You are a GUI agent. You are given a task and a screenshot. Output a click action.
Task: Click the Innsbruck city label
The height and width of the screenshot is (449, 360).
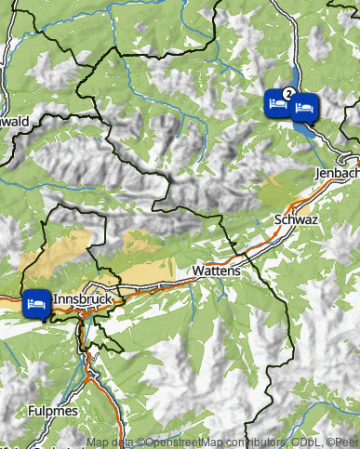[x=83, y=300]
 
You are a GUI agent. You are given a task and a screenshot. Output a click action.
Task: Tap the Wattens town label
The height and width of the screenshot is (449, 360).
[x=217, y=271]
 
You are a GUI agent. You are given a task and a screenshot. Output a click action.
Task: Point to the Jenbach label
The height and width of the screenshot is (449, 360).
[x=337, y=174]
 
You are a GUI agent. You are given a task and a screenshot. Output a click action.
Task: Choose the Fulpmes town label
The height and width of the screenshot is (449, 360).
[x=53, y=410]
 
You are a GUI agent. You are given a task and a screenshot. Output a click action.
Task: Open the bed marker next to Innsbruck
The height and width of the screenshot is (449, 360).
[x=35, y=304]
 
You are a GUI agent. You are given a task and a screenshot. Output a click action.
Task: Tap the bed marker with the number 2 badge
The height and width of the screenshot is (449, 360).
[x=276, y=101]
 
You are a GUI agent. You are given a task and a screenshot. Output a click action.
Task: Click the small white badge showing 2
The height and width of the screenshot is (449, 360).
[x=288, y=93]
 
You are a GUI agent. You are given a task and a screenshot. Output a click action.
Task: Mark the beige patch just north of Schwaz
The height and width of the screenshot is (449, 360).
[x=278, y=191]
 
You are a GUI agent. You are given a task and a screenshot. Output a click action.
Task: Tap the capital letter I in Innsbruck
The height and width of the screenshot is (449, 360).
[x=55, y=300]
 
